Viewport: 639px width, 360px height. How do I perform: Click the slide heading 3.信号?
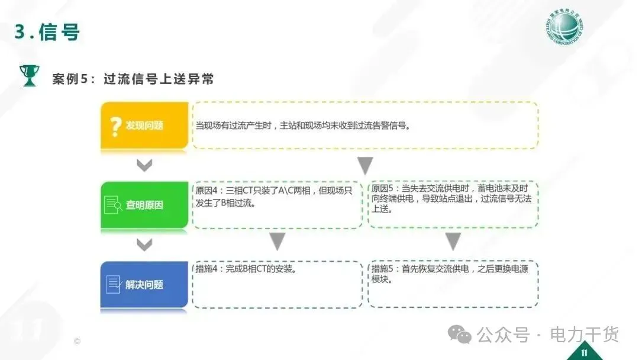pos(47,32)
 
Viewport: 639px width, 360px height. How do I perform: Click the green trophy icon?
pos(28,75)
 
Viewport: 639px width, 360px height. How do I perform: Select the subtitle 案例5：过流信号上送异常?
pos(133,79)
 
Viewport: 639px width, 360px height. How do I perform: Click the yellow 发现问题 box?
pos(144,126)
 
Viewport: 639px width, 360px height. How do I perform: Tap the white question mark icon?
pos(116,126)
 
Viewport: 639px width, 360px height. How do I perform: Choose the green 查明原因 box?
pos(144,205)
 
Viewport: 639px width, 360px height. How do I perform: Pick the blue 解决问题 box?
pos(144,284)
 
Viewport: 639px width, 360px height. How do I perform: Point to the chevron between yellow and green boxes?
pos(144,165)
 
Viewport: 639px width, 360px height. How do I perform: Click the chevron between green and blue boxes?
pos(144,244)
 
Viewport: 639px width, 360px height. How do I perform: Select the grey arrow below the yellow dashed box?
pos(365,165)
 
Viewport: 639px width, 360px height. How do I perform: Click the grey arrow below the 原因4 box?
pos(277,241)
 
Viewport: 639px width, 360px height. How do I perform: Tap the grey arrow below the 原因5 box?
pos(453,241)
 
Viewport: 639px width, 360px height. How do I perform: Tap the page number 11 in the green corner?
pos(584,353)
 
